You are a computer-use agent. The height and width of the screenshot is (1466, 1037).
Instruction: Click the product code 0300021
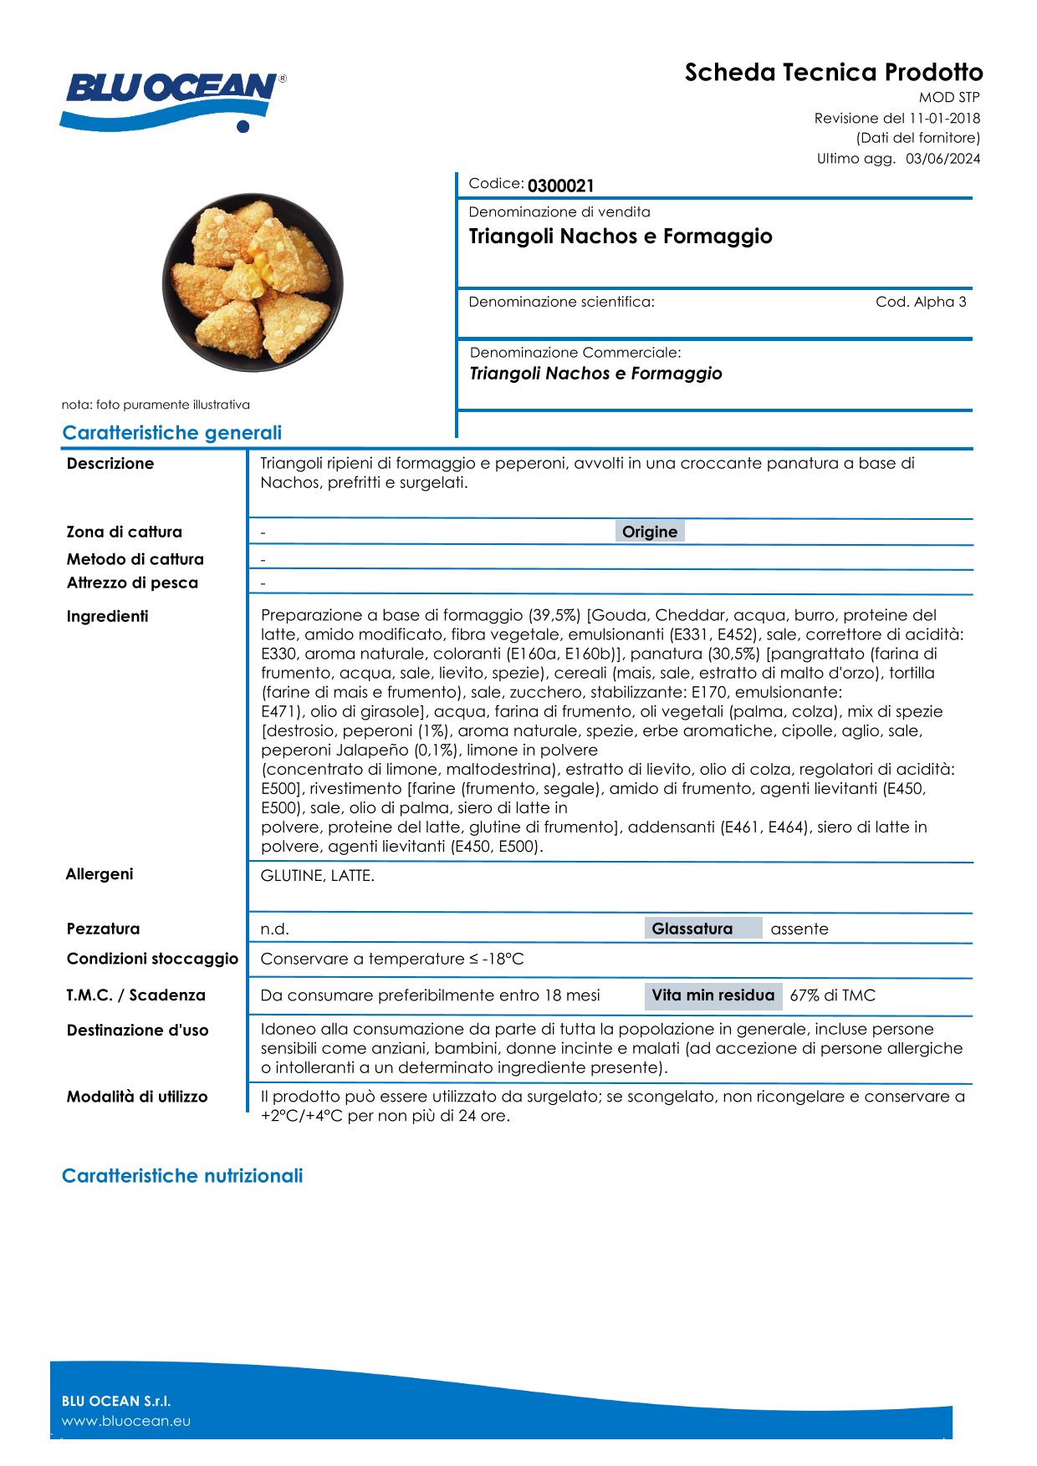pos(560,186)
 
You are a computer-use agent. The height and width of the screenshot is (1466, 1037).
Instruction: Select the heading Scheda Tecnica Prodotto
pos(833,73)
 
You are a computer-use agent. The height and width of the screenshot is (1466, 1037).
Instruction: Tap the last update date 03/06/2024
pos(942,159)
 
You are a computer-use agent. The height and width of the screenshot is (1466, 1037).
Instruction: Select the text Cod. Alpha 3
pos(920,302)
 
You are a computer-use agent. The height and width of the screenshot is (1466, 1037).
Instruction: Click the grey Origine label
pos(650,532)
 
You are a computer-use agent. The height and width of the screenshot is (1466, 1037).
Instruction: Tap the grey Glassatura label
pos(692,929)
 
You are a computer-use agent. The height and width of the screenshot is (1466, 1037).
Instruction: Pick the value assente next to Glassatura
pos(799,929)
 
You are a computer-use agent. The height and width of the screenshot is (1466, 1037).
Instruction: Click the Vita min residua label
pos(713,995)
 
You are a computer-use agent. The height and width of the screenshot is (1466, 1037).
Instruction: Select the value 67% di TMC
pos(832,995)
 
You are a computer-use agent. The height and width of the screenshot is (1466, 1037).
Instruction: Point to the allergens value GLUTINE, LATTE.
pos(318,876)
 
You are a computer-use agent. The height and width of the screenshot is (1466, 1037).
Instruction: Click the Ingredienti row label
pos(107,617)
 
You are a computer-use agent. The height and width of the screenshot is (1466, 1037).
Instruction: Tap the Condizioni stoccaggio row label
pos(152,959)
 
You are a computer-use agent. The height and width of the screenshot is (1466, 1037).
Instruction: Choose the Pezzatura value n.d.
pos(274,929)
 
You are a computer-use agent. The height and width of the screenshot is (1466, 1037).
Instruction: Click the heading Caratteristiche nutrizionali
pos(182,1176)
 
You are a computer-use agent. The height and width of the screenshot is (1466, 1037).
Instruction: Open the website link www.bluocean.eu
pos(126,1421)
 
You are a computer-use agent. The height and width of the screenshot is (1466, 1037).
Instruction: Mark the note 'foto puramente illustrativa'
pos(156,405)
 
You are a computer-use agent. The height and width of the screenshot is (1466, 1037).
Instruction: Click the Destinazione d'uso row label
pos(137,1031)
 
